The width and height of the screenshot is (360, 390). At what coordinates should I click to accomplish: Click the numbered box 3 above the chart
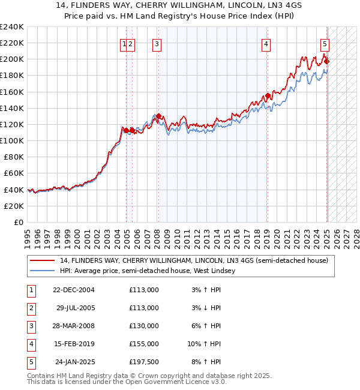click(x=157, y=43)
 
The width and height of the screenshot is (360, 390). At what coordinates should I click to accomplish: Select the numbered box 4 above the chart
click(x=265, y=43)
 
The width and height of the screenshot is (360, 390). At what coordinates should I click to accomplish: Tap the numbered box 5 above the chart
click(x=325, y=43)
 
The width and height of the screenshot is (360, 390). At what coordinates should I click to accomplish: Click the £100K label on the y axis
click(x=11, y=140)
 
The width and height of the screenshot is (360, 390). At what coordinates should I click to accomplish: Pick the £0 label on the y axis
click(x=18, y=222)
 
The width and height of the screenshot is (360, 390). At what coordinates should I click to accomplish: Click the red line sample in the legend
click(x=43, y=261)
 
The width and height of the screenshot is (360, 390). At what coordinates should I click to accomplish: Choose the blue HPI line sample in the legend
click(x=43, y=271)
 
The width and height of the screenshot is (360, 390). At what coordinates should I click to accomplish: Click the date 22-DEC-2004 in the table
click(x=74, y=290)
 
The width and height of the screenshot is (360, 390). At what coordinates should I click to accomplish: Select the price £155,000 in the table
click(x=144, y=344)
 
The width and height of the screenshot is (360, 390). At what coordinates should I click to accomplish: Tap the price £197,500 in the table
click(x=144, y=362)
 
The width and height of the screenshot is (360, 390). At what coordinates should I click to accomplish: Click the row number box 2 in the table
click(x=30, y=308)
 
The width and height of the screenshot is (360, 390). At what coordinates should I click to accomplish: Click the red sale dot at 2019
click(x=268, y=95)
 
